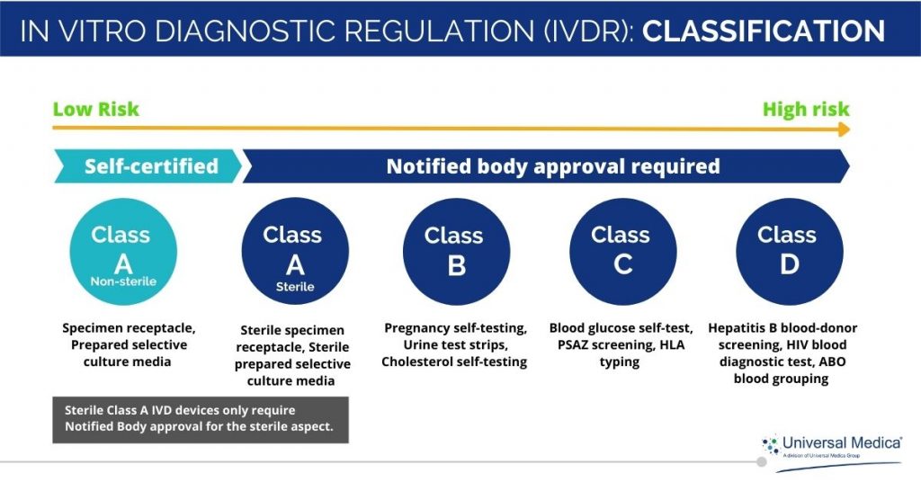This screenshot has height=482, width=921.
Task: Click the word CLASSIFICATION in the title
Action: point(764,31)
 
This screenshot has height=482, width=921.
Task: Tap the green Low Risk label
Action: point(96,110)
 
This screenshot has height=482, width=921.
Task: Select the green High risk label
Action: point(805,110)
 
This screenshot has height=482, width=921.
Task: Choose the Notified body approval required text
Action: point(552,166)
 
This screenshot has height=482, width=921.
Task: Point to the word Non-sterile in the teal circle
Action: point(122,281)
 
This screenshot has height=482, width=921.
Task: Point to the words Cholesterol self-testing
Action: point(454,361)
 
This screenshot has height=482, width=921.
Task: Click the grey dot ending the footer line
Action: point(761,462)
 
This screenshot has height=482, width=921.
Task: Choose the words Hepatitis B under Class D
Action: point(749,328)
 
